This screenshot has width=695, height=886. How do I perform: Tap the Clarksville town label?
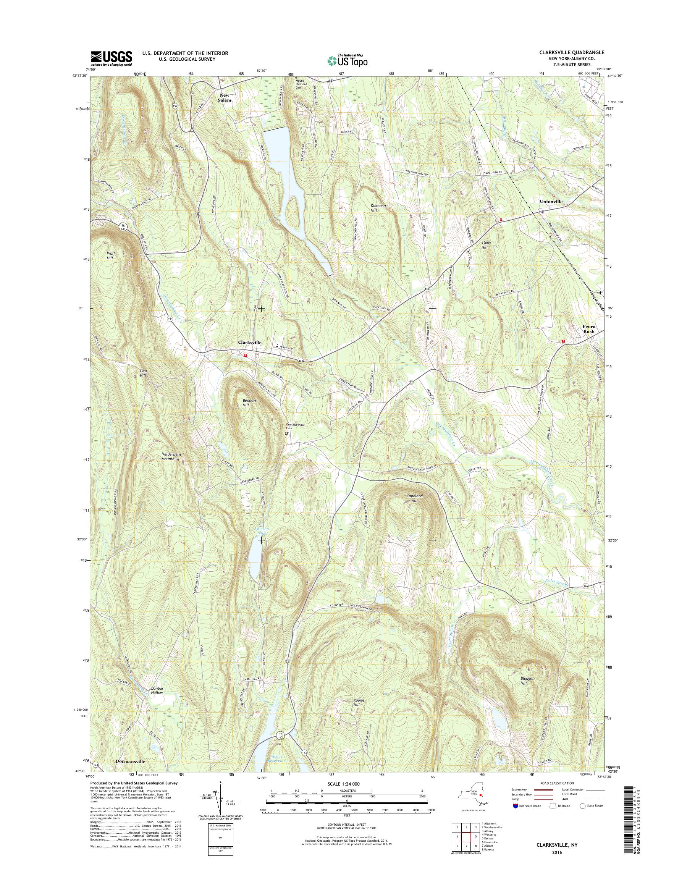249,343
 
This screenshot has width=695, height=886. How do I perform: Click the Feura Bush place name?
588,329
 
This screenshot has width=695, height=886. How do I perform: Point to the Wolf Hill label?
111,255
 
